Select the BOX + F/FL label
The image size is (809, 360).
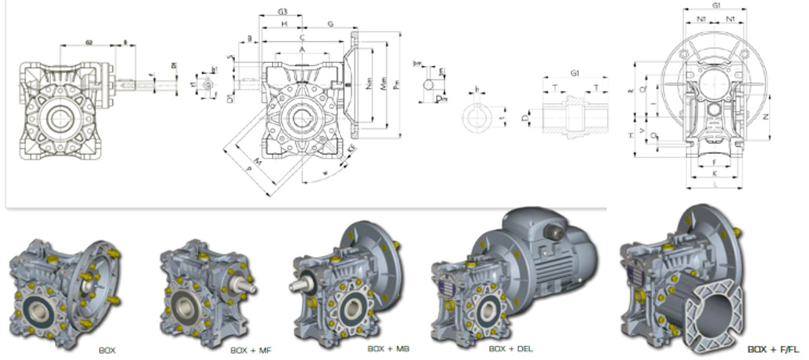tap(773, 348)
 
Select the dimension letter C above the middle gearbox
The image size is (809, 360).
tap(302, 37)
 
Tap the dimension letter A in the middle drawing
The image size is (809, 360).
tap(302, 49)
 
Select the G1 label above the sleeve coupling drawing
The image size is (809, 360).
tap(575, 72)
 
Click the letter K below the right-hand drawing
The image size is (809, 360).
tap(714, 172)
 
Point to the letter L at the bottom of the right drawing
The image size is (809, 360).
tap(714, 186)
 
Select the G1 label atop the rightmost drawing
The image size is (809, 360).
tap(716, 6)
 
